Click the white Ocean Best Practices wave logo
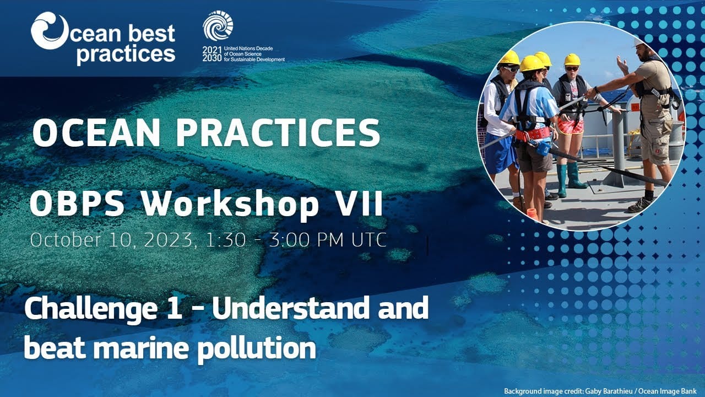(50, 30)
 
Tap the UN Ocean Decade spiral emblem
(218, 25)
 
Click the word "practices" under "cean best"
(126, 54)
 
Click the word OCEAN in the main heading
(96, 133)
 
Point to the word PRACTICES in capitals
(278, 133)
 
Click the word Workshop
(230, 205)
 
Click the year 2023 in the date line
(169, 240)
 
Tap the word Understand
(291, 308)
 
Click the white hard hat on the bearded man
(638, 41)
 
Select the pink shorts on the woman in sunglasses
(570, 125)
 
